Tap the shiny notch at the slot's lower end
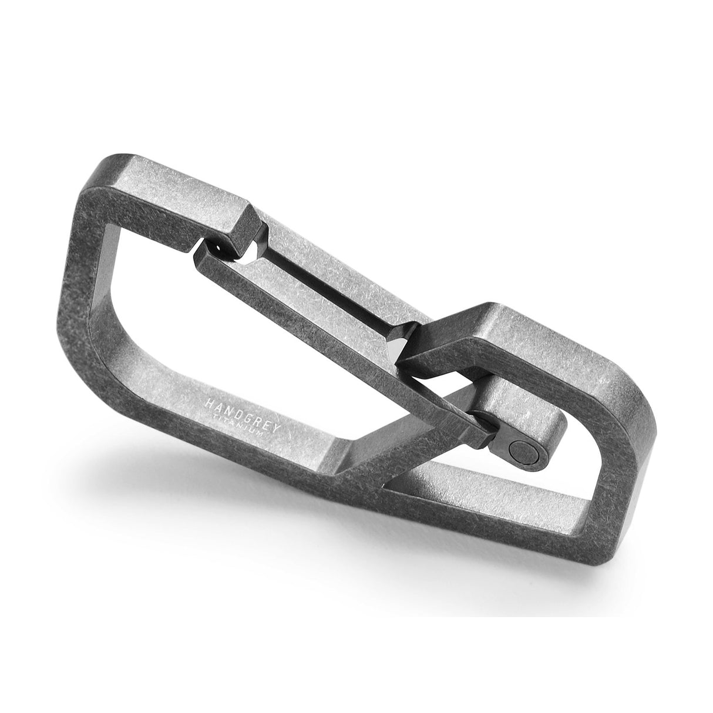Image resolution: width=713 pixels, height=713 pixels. (399, 347)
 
